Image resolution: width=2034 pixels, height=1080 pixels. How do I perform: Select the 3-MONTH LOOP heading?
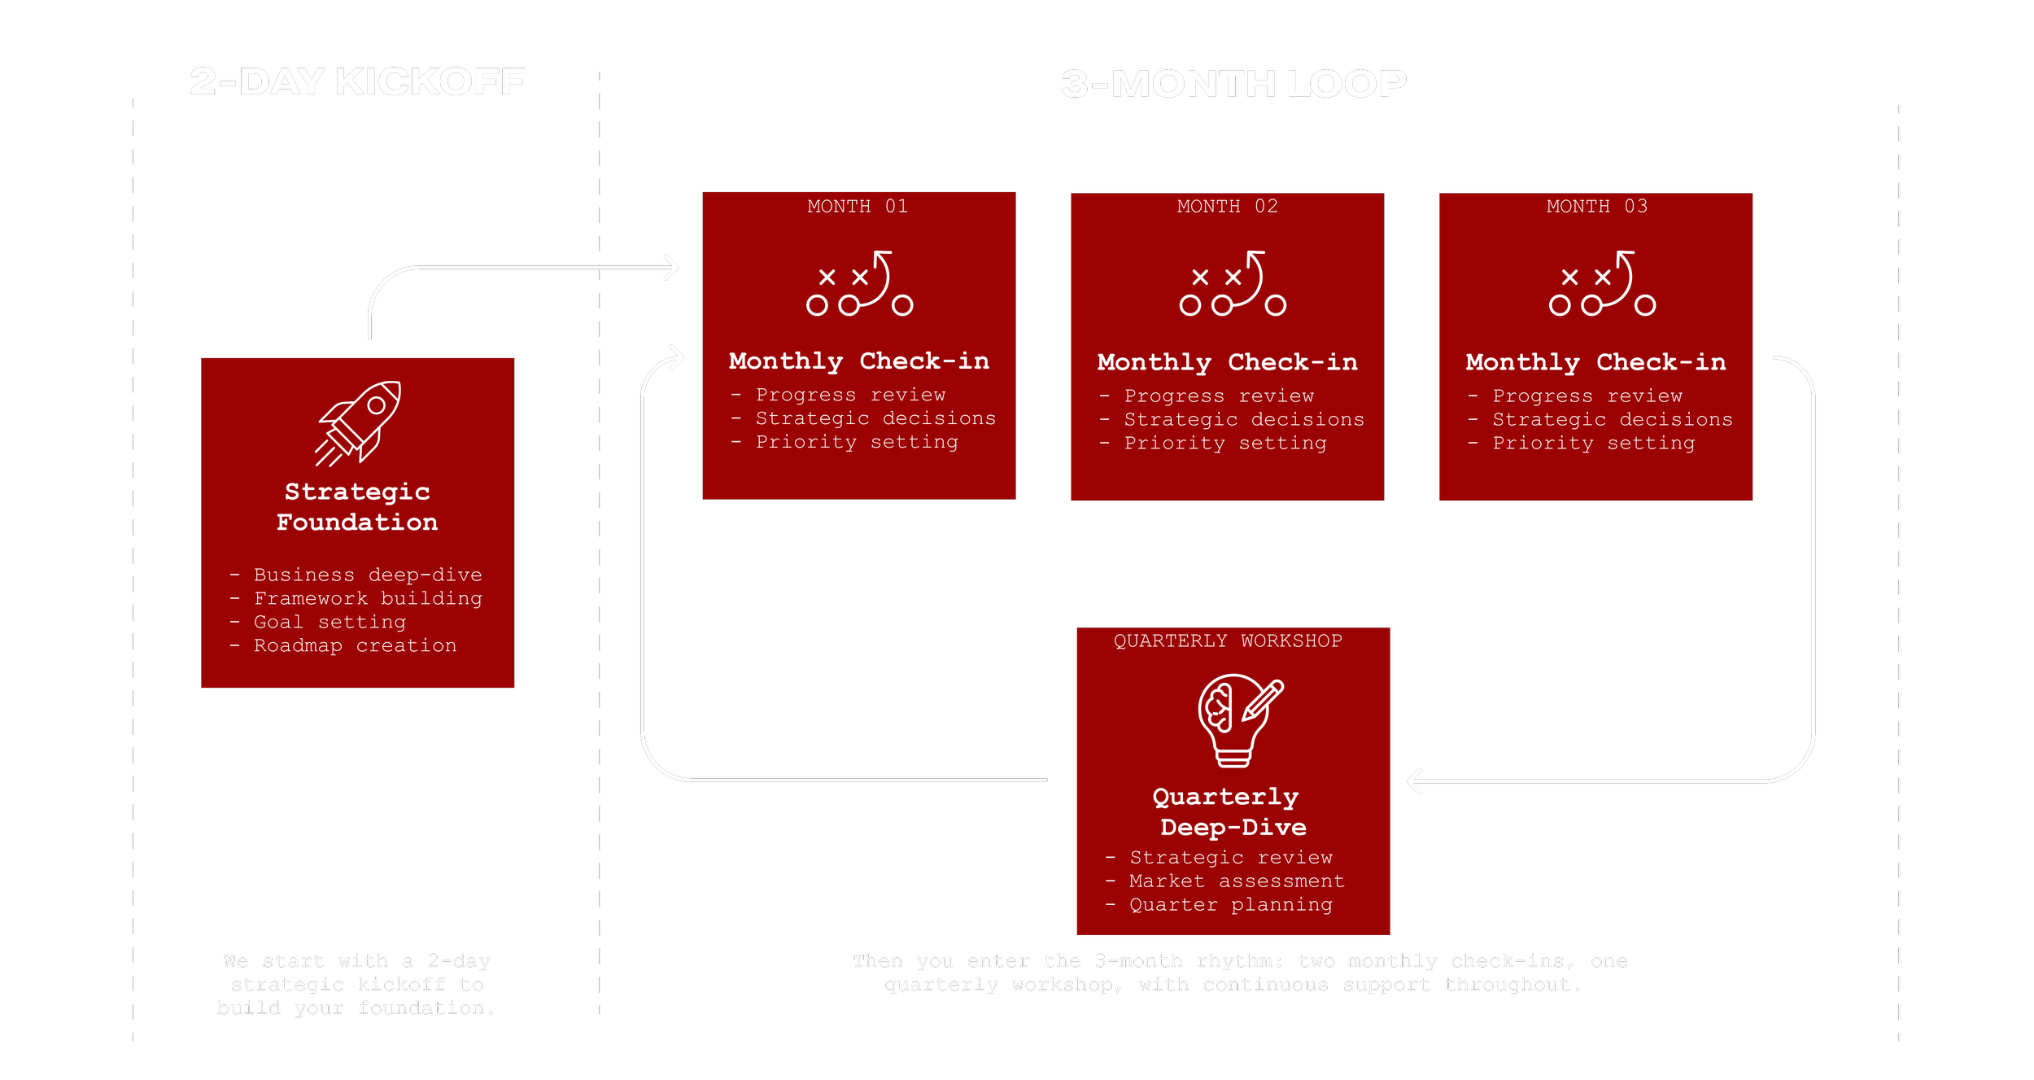coord(1233,84)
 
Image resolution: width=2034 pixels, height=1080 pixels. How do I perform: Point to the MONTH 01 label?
coord(858,207)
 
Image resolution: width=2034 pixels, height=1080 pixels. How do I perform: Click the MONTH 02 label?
coord(1227,207)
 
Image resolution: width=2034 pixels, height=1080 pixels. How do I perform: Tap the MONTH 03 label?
coord(1596,207)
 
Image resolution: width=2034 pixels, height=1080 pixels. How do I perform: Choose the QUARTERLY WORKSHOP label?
coord(1228,641)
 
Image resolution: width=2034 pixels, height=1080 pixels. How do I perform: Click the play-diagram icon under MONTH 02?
coord(1233,284)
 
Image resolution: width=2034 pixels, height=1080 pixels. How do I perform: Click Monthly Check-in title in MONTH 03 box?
coord(1595,363)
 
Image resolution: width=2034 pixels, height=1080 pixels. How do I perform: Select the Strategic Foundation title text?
coord(357,507)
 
